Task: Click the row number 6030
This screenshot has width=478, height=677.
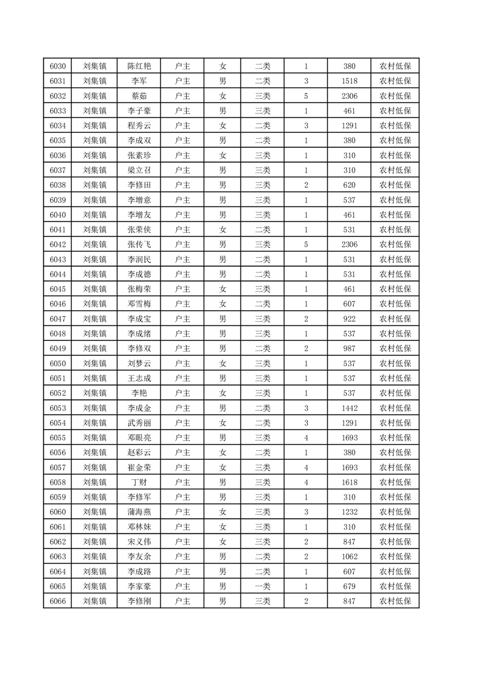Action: tap(58, 66)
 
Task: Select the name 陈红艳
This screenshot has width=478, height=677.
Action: tap(139, 66)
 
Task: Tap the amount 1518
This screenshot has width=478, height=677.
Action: tap(349, 81)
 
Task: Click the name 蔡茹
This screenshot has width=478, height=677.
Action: tap(139, 96)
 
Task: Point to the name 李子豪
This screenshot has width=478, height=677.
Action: tap(139, 111)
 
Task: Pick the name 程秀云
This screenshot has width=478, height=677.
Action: tap(139, 126)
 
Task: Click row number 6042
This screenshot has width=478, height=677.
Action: tap(58, 244)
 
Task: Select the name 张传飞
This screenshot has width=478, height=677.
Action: tap(139, 244)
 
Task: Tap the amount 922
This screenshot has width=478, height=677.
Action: tap(349, 319)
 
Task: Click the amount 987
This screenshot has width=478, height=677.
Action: tap(349, 348)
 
